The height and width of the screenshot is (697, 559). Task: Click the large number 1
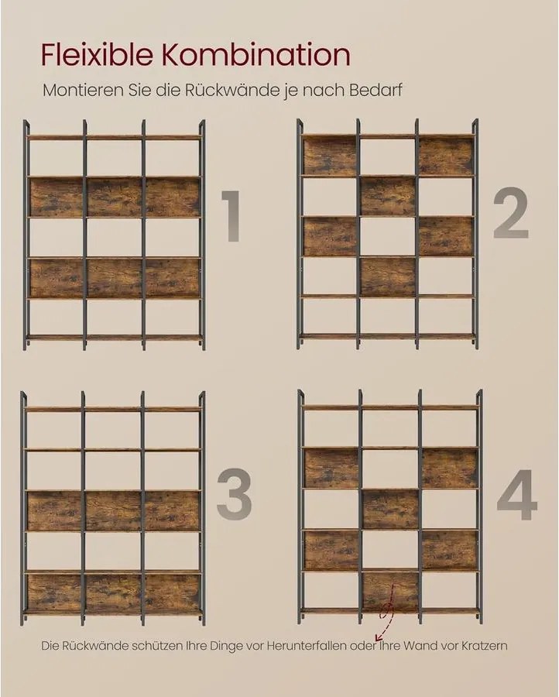pyautogui.click(x=230, y=217)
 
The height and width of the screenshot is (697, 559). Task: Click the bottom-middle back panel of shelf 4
pyautogui.click(x=390, y=590)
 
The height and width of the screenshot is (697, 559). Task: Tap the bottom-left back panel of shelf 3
pyautogui.click(x=54, y=592)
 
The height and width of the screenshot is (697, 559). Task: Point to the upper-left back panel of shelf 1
pyautogui.click(x=57, y=197)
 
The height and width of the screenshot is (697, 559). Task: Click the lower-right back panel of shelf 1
pyautogui.click(x=173, y=277)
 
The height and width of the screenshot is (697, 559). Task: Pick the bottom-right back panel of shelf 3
pyautogui.click(x=172, y=592)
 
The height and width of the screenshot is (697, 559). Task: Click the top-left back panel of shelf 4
pyautogui.click(x=331, y=469)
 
